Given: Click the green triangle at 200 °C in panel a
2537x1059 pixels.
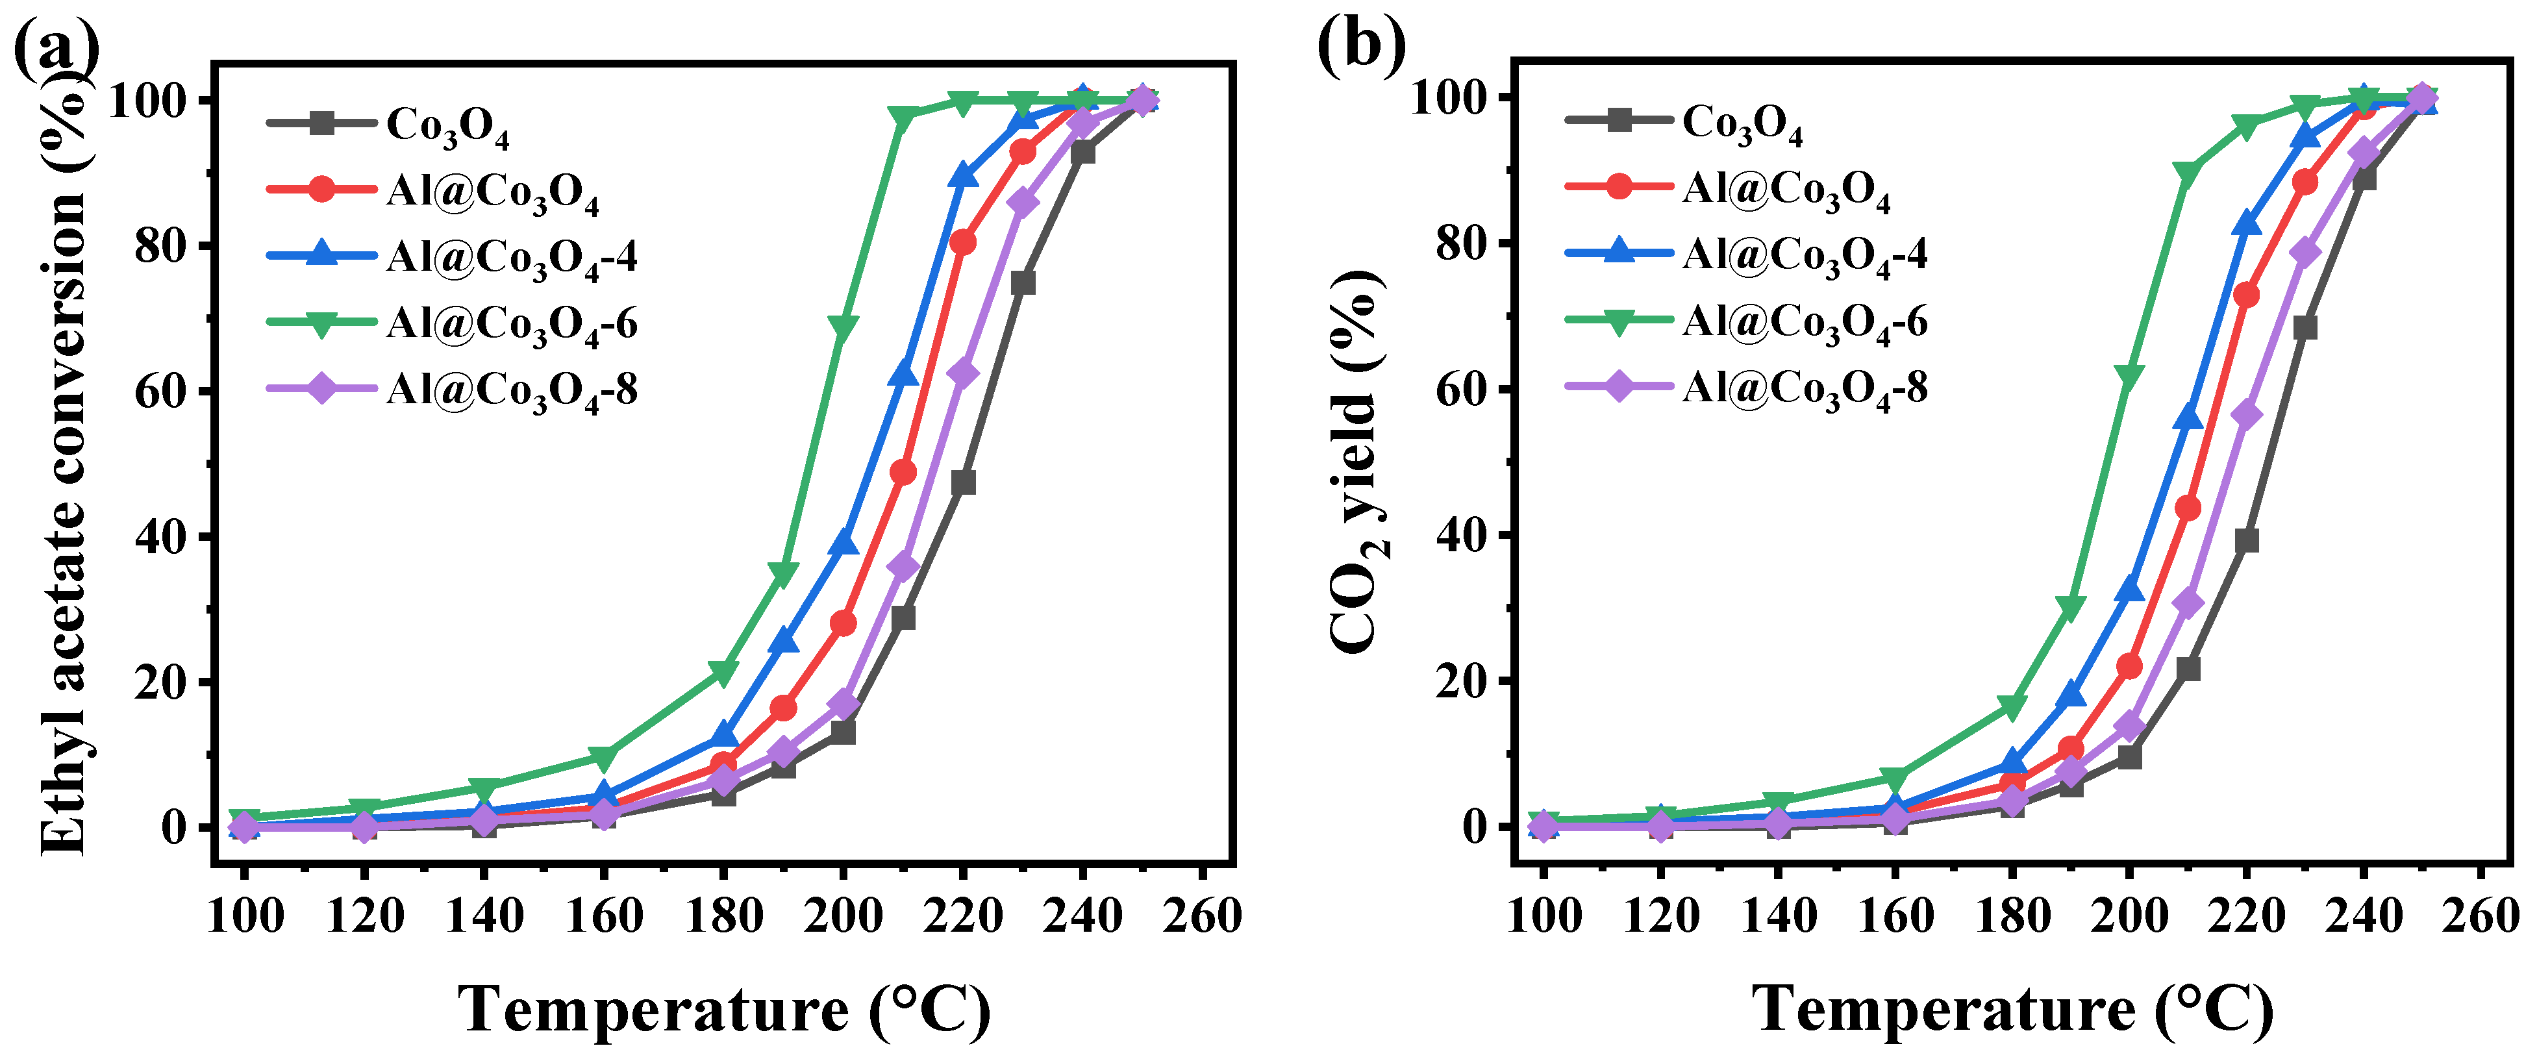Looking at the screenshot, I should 843,327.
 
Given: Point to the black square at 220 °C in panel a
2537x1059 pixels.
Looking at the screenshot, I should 963,482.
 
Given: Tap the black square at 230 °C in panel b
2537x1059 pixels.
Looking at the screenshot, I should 2305,327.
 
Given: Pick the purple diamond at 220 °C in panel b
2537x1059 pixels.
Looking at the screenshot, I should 2247,415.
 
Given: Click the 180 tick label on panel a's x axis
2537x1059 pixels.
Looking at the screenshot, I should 724,916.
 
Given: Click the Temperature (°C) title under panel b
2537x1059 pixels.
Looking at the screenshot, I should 2012,1009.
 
